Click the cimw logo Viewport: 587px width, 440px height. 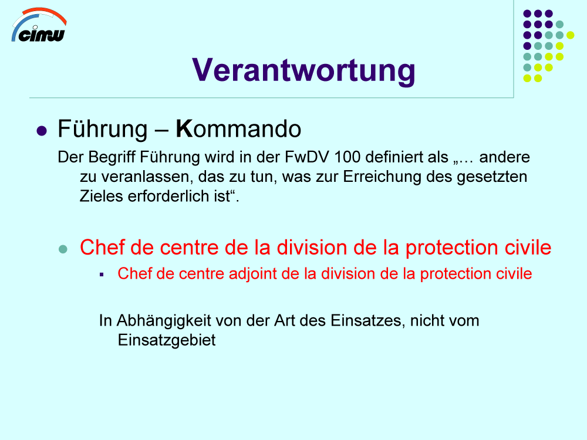[x=39, y=25]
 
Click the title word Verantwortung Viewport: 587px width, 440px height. [x=303, y=71]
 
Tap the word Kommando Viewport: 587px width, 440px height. [x=238, y=129]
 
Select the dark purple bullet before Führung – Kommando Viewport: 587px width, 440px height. [x=42, y=131]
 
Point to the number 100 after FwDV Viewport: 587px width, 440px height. [x=347, y=157]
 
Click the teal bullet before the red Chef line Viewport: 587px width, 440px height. [x=63, y=249]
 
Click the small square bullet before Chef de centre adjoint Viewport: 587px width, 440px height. [x=102, y=275]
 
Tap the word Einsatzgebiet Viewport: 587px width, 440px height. [x=167, y=341]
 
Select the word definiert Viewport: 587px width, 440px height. [x=398, y=157]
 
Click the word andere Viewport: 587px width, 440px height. [x=504, y=157]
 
